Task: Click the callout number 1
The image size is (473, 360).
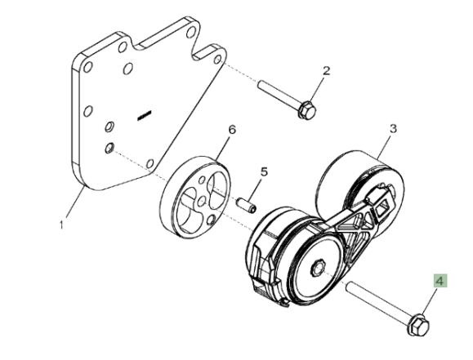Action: pyautogui.click(x=61, y=224)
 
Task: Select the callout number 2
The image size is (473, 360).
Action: pyautogui.click(x=327, y=71)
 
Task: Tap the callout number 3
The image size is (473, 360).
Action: pyautogui.click(x=393, y=129)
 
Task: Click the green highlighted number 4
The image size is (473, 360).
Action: pyautogui.click(x=440, y=281)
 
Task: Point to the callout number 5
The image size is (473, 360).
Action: pyautogui.click(x=264, y=172)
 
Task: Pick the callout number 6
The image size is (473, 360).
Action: pyautogui.click(x=232, y=130)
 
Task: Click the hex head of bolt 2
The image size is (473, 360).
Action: pyautogui.click(x=306, y=110)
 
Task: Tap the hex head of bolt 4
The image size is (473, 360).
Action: pyautogui.click(x=418, y=324)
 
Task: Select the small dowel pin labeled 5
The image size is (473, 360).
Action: pyautogui.click(x=247, y=205)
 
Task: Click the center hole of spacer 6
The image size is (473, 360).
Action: pyautogui.click(x=203, y=201)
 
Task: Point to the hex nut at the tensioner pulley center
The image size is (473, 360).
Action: pyautogui.click(x=317, y=267)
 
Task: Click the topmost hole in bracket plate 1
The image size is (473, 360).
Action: pyautogui.click(x=190, y=33)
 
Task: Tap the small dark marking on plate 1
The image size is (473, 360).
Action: pyautogui.click(x=144, y=115)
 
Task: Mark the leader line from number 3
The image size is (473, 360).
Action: pyautogui.click(x=385, y=146)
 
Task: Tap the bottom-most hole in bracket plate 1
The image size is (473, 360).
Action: pyautogui.click(x=150, y=164)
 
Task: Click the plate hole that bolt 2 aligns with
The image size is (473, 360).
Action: pyautogui.click(x=217, y=60)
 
